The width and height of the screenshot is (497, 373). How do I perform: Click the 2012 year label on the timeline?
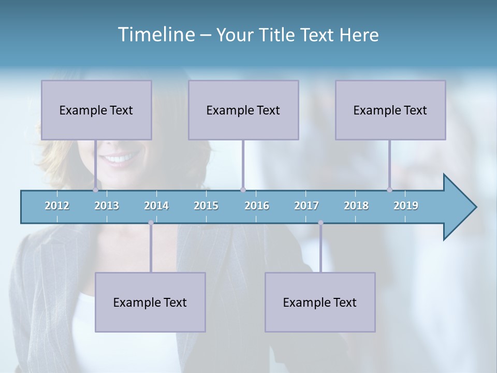[x=57, y=206]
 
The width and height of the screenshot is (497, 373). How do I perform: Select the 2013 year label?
[x=107, y=206]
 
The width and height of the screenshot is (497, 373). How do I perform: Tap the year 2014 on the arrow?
[x=156, y=206]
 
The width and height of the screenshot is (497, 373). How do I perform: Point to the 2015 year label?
[x=206, y=206]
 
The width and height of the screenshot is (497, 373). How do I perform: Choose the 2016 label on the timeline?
[x=257, y=206]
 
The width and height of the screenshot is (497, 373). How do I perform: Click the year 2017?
[x=306, y=206]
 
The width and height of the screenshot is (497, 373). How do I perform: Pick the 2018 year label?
[x=356, y=206]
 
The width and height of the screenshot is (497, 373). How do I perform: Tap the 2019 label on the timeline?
[x=406, y=206]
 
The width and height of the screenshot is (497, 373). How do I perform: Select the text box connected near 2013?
[x=96, y=110]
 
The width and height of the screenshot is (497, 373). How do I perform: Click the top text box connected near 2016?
[x=243, y=110]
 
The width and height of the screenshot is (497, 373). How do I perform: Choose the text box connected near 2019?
[x=390, y=110]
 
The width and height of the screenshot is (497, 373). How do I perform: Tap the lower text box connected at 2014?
[x=150, y=302]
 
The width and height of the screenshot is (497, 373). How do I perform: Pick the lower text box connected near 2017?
[x=320, y=302]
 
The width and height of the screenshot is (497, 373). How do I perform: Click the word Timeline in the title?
[x=155, y=35]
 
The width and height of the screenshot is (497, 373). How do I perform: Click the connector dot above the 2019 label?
[x=390, y=190]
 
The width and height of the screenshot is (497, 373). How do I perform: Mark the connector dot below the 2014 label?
[x=151, y=223]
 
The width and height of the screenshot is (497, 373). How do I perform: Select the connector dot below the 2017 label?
[x=320, y=223]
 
